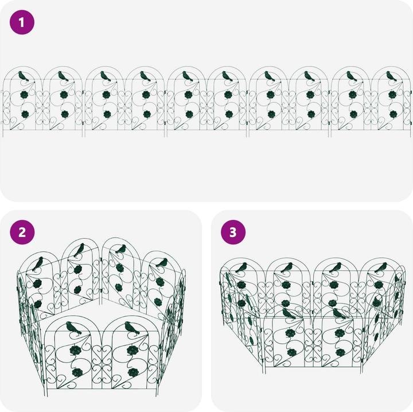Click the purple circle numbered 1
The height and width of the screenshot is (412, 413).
tap(22, 22)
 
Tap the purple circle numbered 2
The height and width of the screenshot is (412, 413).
tap(22, 232)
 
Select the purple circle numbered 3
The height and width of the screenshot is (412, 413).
tap(233, 232)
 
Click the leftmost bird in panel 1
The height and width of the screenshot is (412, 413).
tap(24, 76)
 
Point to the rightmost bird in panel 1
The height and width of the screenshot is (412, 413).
tap(392, 76)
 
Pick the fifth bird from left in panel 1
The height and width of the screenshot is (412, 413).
tap(188, 76)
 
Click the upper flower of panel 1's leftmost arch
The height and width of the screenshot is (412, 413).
tap(24, 94)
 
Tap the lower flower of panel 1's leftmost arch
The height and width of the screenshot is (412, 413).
tap(25, 114)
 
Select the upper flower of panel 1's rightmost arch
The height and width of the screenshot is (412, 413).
tap(392, 94)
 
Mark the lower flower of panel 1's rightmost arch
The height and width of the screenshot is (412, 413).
tap(393, 114)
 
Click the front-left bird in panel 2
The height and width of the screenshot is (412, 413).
tap(73, 328)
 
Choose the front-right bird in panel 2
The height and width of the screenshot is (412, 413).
tap(131, 328)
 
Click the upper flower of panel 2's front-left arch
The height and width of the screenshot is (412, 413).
tap(75, 351)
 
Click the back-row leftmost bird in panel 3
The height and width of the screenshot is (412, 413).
tap(241, 267)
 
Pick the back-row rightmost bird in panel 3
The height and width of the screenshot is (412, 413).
tap(381, 267)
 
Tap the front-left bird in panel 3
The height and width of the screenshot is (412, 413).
tap(289, 314)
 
